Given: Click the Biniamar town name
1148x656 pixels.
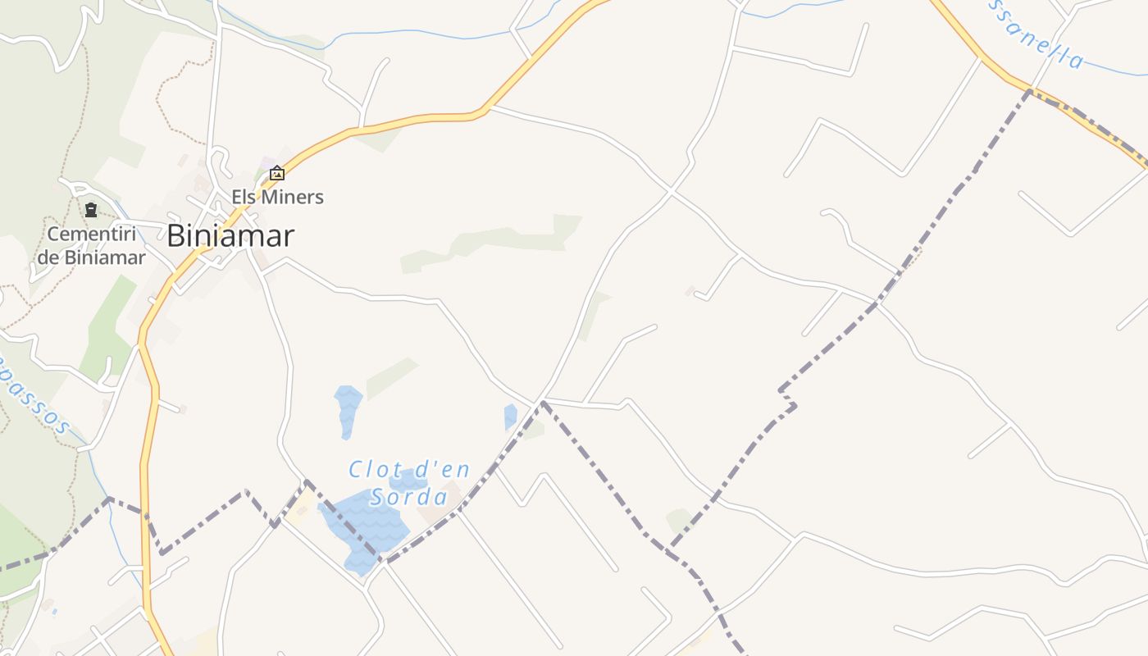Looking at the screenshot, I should (230, 236).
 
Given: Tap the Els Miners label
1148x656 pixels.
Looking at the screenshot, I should (277, 197).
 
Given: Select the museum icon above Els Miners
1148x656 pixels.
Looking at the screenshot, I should (277, 172).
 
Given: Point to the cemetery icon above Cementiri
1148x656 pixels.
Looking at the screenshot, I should (91, 210).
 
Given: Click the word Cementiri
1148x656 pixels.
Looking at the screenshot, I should (92, 234).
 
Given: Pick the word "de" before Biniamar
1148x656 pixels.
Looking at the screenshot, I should (48, 257).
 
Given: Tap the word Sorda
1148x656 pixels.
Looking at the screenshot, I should (409, 497).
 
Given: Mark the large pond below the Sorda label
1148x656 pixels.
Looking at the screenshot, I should (366, 529).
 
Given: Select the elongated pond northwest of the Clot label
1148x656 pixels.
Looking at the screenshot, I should (348, 409).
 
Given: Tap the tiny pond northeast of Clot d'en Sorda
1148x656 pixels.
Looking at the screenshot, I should (510, 417).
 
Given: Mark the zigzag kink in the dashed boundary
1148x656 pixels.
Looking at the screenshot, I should (789, 399).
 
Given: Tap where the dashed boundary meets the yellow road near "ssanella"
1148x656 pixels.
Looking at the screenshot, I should (1029, 91).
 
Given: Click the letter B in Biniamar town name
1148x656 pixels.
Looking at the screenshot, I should (175, 236).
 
